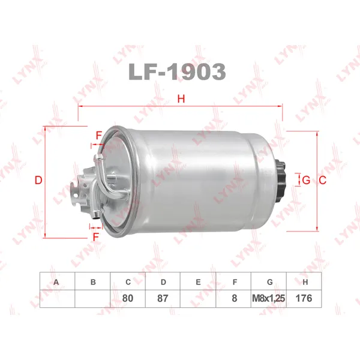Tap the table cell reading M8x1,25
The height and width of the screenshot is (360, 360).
point(269,298)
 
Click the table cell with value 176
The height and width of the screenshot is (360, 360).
point(304,298)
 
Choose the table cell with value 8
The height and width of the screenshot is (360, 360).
point(234,298)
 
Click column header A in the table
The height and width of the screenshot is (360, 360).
point(57,281)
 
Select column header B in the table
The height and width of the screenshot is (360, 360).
point(92,281)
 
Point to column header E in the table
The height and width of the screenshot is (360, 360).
point(199,281)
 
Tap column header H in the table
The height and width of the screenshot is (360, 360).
point(304,281)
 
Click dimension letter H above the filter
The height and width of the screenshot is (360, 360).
point(180,100)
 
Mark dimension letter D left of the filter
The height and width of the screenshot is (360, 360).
point(38,180)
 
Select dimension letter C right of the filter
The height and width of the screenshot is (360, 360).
point(322,180)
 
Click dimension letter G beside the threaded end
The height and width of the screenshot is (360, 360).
point(306,180)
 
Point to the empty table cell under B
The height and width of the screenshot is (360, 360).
point(92,298)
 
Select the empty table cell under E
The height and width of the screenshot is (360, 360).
point(199,298)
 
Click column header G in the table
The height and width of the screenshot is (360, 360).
point(269,281)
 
